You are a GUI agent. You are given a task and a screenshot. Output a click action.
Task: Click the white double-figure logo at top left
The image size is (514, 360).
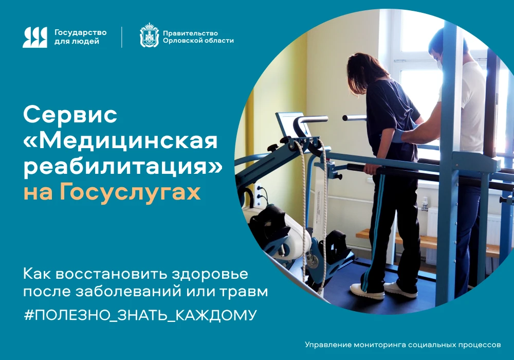[35, 37]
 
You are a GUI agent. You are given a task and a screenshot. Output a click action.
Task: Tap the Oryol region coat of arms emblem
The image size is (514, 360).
[149, 35]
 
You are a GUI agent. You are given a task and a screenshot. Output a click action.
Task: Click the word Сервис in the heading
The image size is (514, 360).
[70, 115]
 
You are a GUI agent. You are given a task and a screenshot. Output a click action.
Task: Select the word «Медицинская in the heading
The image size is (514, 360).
[121, 141]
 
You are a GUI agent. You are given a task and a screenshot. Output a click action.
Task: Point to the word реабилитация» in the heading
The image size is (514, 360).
[123, 167]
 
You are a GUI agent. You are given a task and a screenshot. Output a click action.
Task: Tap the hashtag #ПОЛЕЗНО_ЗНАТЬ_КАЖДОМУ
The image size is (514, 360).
[140, 315]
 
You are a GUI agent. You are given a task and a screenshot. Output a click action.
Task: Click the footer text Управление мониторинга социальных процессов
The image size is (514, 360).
[403, 345]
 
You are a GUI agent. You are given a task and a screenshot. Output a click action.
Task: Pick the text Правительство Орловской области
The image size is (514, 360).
[198, 37]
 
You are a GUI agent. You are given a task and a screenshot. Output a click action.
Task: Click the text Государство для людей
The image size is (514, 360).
[80, 37]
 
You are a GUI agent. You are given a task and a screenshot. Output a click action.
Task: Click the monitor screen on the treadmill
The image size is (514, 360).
[293, 123]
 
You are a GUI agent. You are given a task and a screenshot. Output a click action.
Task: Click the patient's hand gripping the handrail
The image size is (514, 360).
[372, 169]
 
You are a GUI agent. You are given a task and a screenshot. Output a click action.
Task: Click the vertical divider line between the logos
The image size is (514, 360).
[122, 37]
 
